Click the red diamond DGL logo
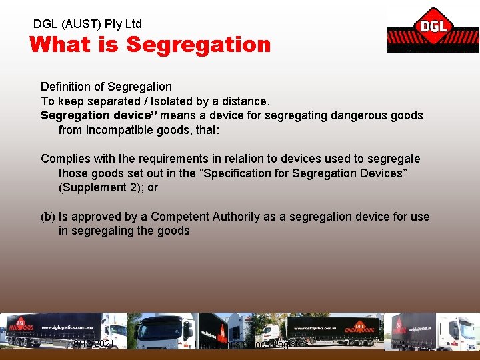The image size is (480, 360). [x=433, y=27]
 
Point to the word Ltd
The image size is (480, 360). [x=132, y=24]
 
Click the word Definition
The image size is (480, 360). [x=65, y=87]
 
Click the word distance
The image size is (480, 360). [x=246, y=101]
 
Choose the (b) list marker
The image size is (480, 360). [x=48, y=217]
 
